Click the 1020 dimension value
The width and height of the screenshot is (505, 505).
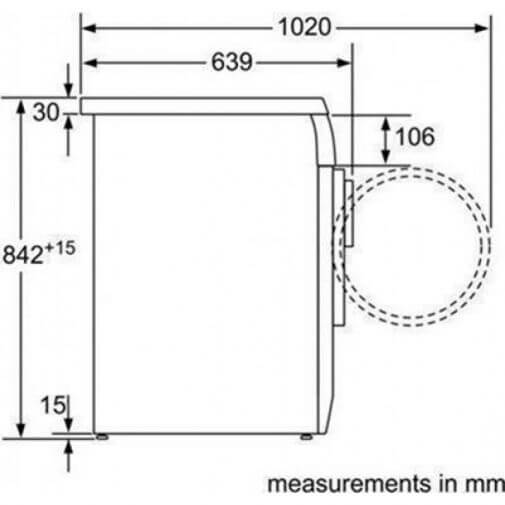(x=305, y=27)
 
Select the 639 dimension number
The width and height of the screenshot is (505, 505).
(x=232, y=62)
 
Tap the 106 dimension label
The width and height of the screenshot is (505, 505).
(x=415, y=136)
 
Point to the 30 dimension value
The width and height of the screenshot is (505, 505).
(x=46, y=112)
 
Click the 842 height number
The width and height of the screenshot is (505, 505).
(x=23, y=255)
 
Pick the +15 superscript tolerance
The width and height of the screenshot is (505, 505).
(x=60, y=248)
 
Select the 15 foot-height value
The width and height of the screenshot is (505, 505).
(x=52, y=405)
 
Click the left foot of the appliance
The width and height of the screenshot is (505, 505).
(x=101, y=437)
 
